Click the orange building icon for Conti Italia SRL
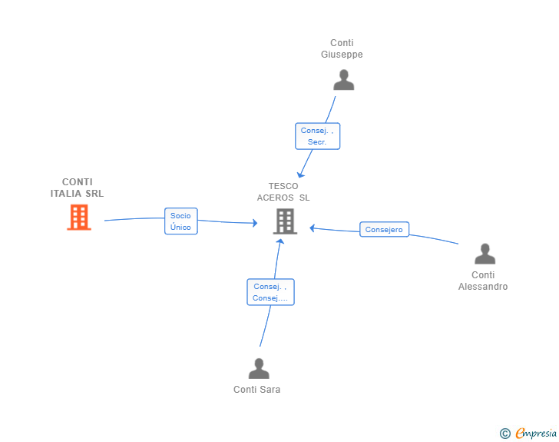click(x=79, y=217)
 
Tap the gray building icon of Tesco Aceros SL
click(x=285, y=221)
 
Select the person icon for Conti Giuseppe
click(x=344, y=80)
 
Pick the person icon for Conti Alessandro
click(x=485, y=254)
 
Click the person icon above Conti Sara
click(x=259, y=368)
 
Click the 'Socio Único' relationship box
click(x=181, y=221)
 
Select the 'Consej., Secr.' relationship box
click(x=318, y=136)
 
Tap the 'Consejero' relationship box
click(x=384, y=229)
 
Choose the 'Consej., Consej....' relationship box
click(x=270, y=292)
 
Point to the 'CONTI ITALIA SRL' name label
click(x=77, y=188)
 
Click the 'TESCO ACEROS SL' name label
click(x=283, y=191)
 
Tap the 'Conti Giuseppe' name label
click(x=342, y=48)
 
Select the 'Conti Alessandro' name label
click(x=483, y=281)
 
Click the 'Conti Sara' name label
click(x=256, y=390)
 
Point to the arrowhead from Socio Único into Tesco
click(x=255, y=223)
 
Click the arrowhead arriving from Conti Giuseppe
click(x=300, y=174)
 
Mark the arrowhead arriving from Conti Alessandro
click(x=312, y=228)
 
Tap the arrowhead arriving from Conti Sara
click(x=280, y=241)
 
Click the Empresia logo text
click(x=536, y=433)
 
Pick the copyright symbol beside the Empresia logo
click(x=504, y=434)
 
